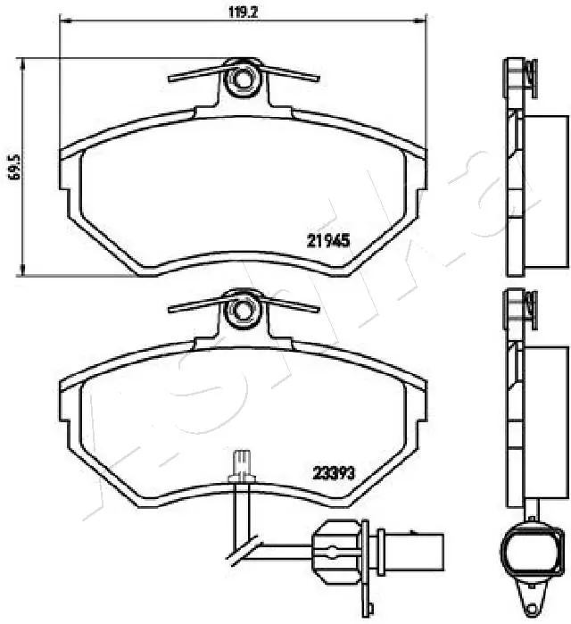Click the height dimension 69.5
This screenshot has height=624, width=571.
[13, 165]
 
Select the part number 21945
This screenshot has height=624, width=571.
[327, 239]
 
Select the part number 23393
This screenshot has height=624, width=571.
[334, 474]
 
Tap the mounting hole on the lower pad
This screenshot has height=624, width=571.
[242, 310]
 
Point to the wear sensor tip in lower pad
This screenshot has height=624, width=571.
[238, 462]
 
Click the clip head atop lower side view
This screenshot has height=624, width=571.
[517, 306]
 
